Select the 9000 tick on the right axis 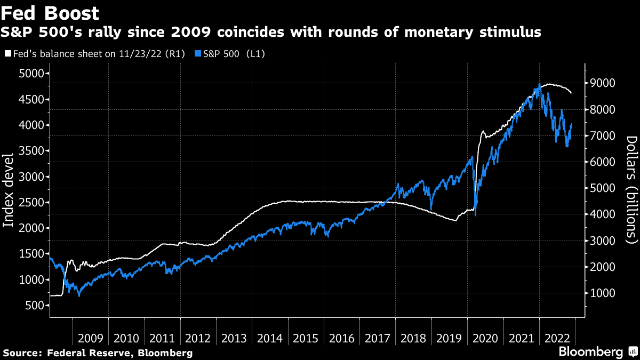(x=603, y=83)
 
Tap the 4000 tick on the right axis (x=603, y=214)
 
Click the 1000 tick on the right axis (x=603, y=293)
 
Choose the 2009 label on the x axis (x=90, y=338)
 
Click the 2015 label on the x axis (x=306, y=338)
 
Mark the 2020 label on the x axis (x=486, y=338)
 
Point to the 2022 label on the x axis (x=558, y=338)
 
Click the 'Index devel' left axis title (x=9, y=197)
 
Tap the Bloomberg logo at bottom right (x=590, y=352)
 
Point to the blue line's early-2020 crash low (x=475, y=215)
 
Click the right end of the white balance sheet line (x=571, y=93)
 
